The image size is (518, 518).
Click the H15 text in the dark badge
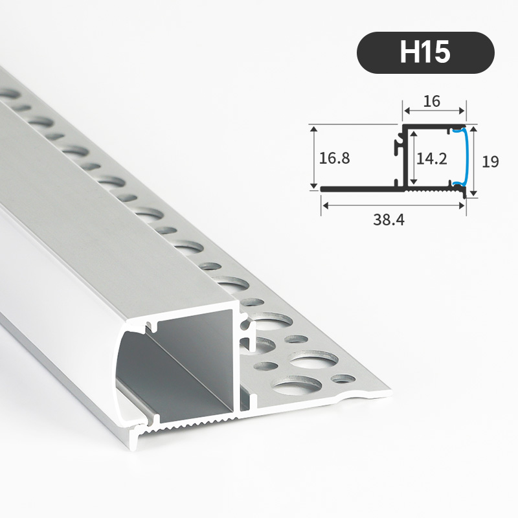coord(425,52)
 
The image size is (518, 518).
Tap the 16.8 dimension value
coord(335,157)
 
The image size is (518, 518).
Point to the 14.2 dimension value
coord(431,159)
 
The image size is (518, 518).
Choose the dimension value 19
coord(490,161)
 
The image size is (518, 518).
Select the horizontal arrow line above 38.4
coord(394,205)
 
